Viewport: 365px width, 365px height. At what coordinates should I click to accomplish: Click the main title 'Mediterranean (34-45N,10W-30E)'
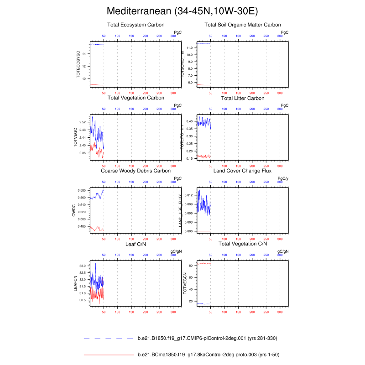click(x=182, y=11)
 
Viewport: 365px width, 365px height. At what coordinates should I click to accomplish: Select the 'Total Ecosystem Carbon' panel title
click(x=136, y=25)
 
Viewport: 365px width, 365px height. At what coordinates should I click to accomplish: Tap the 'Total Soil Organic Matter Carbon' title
click(x=243, y=25)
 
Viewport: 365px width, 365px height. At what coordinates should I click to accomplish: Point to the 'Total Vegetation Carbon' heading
click(x=136, y=98)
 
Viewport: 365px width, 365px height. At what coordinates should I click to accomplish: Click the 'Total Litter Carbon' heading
click(x=243, y=98)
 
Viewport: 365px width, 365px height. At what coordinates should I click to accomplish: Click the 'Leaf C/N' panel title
click(x=136, y=244)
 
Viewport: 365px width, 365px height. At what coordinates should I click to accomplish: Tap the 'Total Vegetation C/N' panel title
click(x=243, y=244)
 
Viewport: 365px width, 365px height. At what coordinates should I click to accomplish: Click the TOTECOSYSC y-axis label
click(x=78, y=64)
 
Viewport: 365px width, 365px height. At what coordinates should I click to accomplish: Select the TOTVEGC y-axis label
click(x=75, y=137)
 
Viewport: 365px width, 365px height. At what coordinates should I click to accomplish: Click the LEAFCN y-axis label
click(x=76, y=283)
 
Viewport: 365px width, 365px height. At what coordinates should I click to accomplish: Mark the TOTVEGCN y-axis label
click(x=185, y=283)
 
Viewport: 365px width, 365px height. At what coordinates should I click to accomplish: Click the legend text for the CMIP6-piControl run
click(x=207, y=339)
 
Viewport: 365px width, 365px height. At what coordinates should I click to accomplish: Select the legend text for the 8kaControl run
click(x=209, y=355)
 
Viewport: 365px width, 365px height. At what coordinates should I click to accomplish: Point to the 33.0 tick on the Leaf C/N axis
click(x=82, y=266)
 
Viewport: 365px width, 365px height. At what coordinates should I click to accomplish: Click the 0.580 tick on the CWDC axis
click(x=82, y=190)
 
